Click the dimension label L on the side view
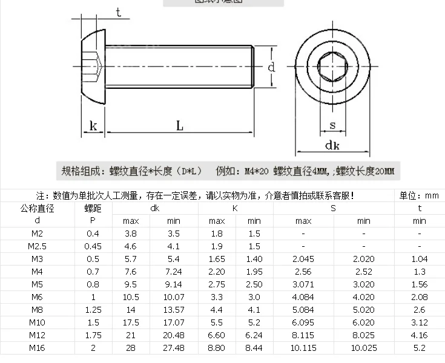tap(180, 125)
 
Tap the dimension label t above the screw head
tap(118, 12)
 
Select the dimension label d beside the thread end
tap(272, 67)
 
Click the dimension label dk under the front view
tap(332, 145)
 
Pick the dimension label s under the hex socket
tap(332, 125)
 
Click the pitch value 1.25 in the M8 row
tap(93, 310)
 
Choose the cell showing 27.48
tap(174, 347)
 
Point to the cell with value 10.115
tap(303, 347)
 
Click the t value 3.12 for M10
tap(419, 322)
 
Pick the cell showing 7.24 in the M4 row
tap(174, 272)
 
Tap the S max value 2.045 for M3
tap(303, 259)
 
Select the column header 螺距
tap(93, 209)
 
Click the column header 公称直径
tap(37, 209)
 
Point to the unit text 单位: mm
tap(419, 195)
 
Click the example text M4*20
tap(256, 171)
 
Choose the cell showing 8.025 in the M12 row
tap(363, 335)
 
